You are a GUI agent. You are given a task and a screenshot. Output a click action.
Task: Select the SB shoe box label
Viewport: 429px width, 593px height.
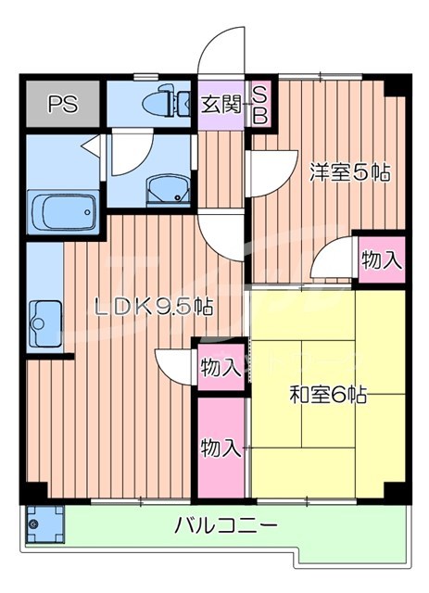pyautogui.click(x=260, y=104)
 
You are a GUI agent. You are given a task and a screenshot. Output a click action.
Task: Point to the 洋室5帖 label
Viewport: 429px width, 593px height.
pyautogui.click(x=348, y=171)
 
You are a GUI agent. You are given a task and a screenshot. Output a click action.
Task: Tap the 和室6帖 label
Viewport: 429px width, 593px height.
pyautogui.click(x=327, y=396)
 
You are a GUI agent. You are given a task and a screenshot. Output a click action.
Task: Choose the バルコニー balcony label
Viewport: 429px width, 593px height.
pyautogui.click(x=225, y=525)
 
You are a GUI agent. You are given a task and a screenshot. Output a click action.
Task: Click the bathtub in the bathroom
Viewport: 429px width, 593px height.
pyautogui.click(x=63, y=213)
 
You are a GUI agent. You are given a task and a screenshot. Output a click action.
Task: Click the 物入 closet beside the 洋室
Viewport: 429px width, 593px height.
pyautogui.click(x=381, y=259)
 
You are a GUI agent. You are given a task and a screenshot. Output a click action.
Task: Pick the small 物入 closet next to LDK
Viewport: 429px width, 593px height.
pyautogui.click(x=221, y=366)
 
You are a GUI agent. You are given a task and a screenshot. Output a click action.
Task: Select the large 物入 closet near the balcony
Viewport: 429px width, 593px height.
pyautogui.click(x=221, y=448)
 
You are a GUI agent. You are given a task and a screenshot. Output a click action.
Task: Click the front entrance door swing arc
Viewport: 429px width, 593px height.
pyautogui.click(x=221, y=52)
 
